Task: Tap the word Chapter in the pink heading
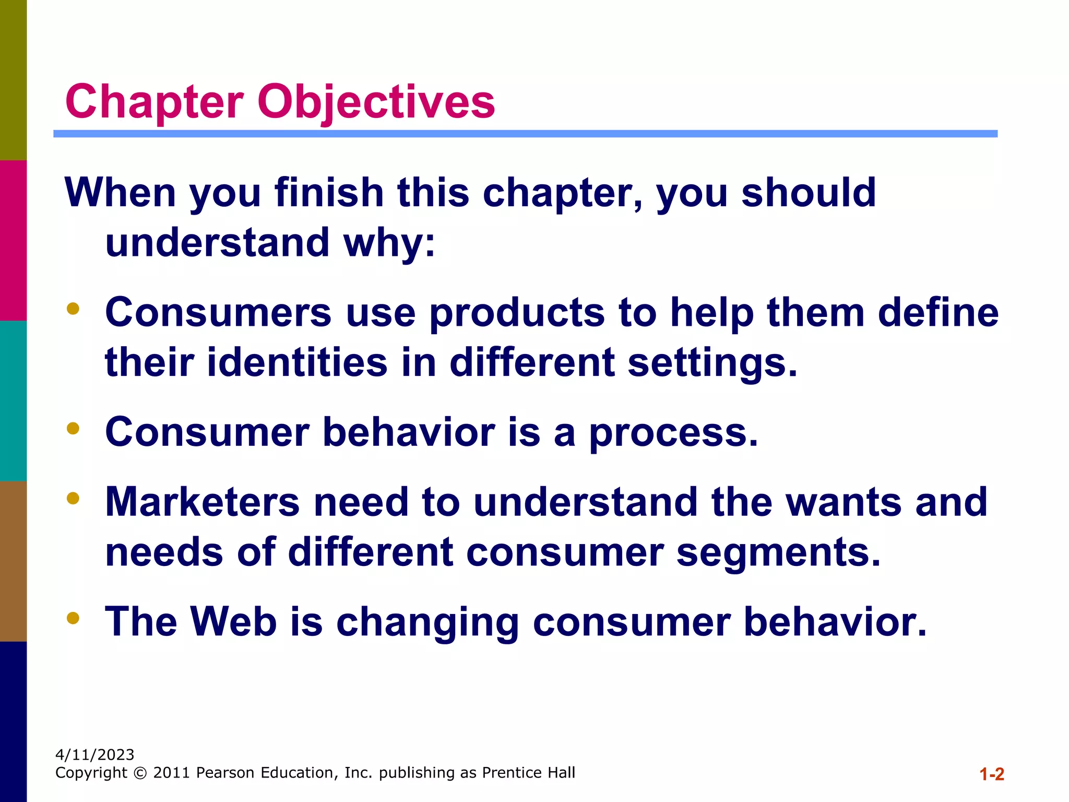click(x=155, y=102)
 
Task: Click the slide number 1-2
click(x=991, y=774)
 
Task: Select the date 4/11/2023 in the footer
click(x=95, y=754)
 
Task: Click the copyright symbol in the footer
click(x=140, y=773)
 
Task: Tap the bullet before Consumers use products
click(x=73, y=309)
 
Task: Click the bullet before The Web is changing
click(x=73, y=618)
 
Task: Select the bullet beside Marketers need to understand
click(x=73, y=498)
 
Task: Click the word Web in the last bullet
click(x=233, y=621)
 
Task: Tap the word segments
click(x=778, y=552)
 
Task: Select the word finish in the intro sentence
click(x=329, y=193)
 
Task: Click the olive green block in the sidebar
click(x=13, y=80)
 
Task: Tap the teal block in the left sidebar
click(x=13, y=400)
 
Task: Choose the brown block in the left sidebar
click(x=13, y=561)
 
